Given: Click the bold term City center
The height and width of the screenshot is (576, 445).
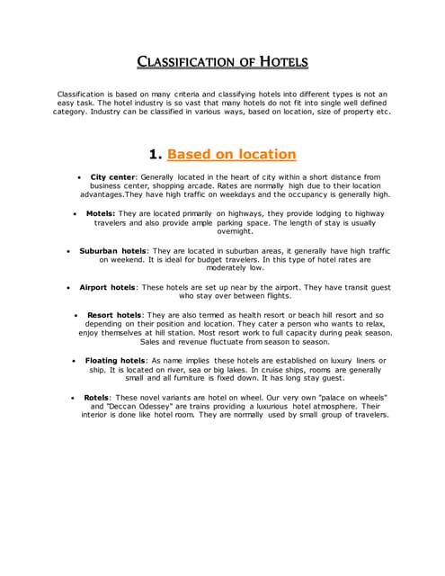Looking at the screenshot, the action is pos(111,177).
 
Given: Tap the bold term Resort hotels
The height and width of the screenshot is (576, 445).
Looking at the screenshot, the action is pos(115,315).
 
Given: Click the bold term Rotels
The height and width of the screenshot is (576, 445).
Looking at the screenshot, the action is pos(97,396).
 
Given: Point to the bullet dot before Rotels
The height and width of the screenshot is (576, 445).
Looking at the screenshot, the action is pos(73,397).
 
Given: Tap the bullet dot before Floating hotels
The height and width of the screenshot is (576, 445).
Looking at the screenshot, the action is pos(74,361).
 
